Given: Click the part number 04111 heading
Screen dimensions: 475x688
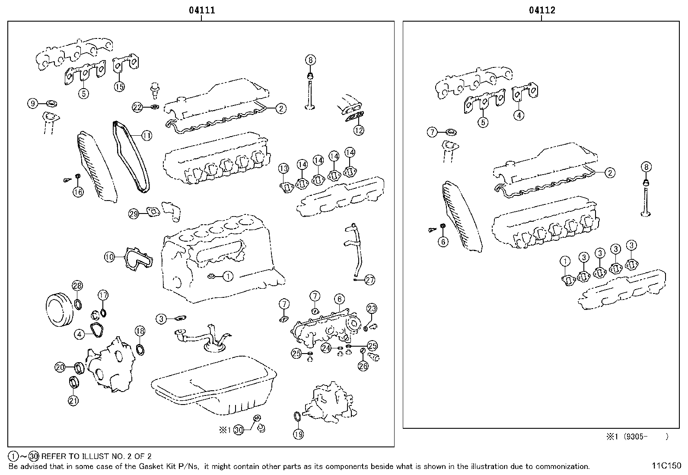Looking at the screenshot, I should coord(201,10).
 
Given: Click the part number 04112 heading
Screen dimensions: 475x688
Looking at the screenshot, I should coord(542,10).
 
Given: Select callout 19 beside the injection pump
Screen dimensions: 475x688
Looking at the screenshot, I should coord(298,434).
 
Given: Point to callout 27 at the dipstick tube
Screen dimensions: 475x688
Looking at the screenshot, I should coord(369,280).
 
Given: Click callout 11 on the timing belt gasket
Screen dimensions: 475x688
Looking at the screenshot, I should coord(147,136).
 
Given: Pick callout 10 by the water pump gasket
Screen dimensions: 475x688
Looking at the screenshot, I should coord(109,257).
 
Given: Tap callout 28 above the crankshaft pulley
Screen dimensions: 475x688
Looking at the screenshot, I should coord(77,286).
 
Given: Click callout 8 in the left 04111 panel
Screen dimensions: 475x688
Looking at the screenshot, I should coord(310,60).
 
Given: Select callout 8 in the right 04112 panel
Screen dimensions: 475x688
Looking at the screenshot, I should coord(646,167).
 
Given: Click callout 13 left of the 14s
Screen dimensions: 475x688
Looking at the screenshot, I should coord(283,168).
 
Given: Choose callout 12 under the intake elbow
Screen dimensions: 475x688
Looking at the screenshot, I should coord(359,130).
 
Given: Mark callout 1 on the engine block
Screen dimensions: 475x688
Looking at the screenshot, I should coord(228,276).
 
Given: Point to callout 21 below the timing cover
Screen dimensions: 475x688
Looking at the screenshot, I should coord(73,401).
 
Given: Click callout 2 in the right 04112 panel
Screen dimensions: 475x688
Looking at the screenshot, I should coord(609,173).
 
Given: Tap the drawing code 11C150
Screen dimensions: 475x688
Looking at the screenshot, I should coord(666,466).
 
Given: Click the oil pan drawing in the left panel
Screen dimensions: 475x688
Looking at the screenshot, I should coord(214,385).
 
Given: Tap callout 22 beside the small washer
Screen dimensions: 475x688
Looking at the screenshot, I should coord(137,108).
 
